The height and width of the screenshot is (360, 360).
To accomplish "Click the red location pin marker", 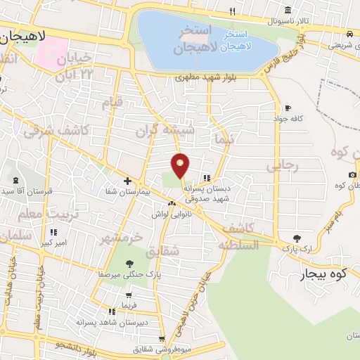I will click(181, 165).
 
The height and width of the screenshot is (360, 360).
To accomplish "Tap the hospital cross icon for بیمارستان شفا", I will click(127, 181).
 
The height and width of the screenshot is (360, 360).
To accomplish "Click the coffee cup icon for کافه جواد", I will click(287, 108).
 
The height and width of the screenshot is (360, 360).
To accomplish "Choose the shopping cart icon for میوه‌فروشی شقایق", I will click(162, 339).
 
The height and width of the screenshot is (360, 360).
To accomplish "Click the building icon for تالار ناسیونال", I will click(289, 11).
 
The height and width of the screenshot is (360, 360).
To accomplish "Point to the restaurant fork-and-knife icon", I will click(233, 12).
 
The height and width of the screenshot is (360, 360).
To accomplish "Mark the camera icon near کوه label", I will click(352, 174).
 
